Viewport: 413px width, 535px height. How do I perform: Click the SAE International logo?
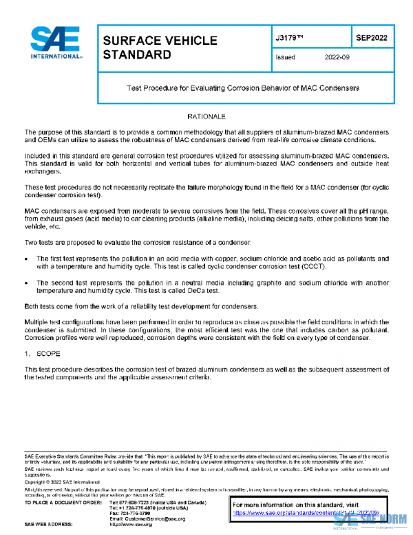[x=56, y=43]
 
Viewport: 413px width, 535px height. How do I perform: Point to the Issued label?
[x=284, y=58]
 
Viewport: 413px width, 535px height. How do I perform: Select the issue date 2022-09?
[x=337, y=58]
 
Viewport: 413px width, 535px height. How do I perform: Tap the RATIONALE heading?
[x=206, y=117]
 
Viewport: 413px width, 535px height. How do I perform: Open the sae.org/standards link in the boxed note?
[x=303, y=514]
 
